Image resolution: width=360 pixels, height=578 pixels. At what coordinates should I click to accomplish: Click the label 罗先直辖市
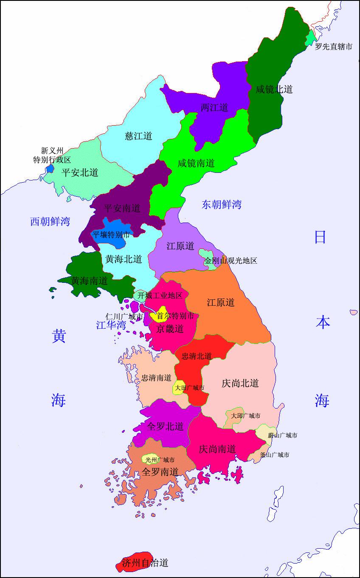pyautogui.click(x=333, y=47)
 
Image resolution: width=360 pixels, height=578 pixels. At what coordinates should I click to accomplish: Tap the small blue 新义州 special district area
pyautogui.click(x=50, y=168)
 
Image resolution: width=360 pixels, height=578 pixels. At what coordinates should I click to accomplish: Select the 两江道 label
pyautogui.click(x=214, y=107)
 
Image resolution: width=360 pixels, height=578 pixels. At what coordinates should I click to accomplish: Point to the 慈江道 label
pyautogui.click(x=138, y=136)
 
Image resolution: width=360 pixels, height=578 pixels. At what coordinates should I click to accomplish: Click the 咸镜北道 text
pyautogui.click(x=274, y=89)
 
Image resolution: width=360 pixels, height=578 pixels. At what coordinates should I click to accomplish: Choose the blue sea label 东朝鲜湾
pyautogui.click(x=222, y=205)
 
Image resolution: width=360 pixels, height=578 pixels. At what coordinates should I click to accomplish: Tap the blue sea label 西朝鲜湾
pyautogui.click(x=50, y=221)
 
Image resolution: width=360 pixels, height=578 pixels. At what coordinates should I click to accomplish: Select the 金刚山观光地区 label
pyautogui.click(x=231, y=261)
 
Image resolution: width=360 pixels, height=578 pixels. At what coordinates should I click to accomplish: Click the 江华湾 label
pyautogui.click(x=111, y=325)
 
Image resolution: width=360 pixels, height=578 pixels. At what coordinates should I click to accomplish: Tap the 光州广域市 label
pyautogui.click(x=160, y=460)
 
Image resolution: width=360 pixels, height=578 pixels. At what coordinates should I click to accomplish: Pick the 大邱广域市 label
pyautogui.click(x=246, y=416)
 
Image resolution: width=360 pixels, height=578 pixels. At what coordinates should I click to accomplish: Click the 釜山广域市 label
pyautogui.click(x=275, y=454)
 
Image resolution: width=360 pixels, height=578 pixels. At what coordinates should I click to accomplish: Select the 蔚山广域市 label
pyautogui.click(x=282, y=435)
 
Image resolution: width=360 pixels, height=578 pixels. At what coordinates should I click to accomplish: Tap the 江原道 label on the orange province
pyautogui.click(x=221, y=302)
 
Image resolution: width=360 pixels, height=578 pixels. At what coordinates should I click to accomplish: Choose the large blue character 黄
pyautogui.click(x=59, y=336)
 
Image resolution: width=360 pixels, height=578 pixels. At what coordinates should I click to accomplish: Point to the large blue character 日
pyautogui.click(x=320, y=237)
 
